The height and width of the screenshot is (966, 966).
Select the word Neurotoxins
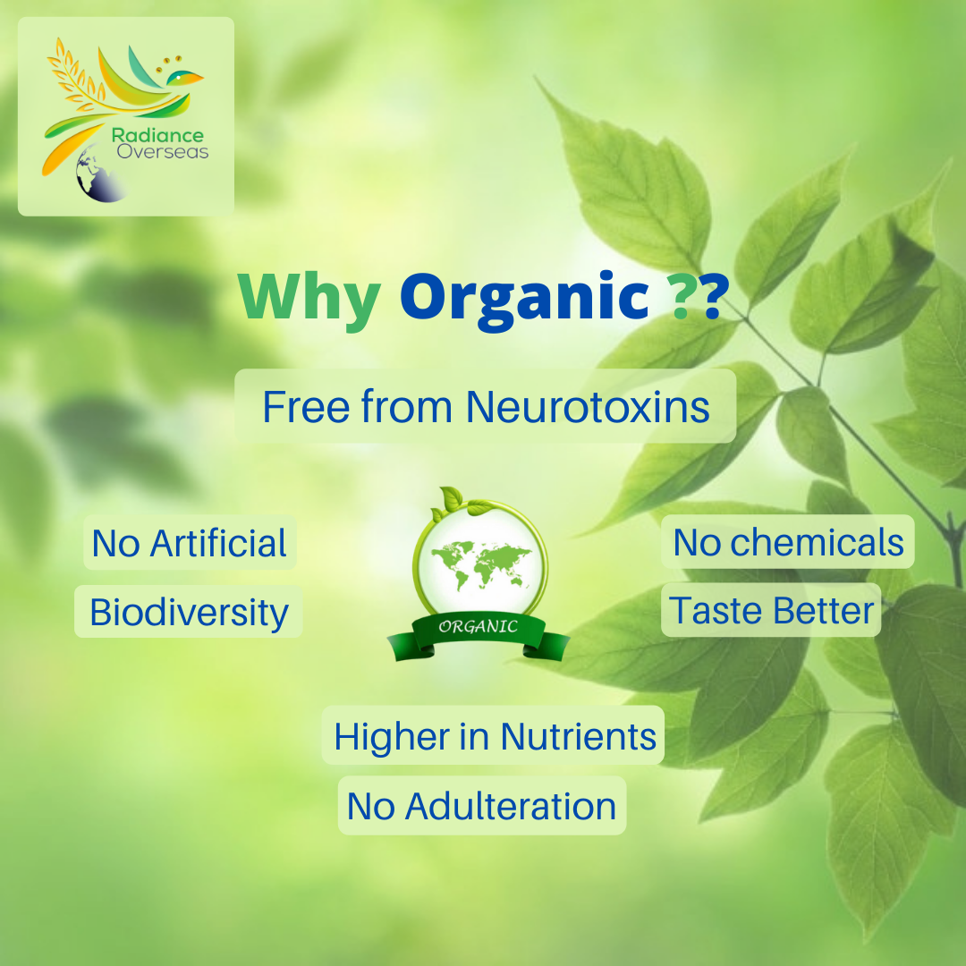coord(588,407)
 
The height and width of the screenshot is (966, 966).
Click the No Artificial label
coord(189,543)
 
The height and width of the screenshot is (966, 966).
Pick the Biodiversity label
coord(189,612)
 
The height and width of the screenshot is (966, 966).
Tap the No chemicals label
coord(788,542)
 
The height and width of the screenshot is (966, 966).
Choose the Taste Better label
coord(771,610)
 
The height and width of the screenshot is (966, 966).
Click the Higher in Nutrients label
coord(494,735)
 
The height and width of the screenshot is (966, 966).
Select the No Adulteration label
coord(482,806)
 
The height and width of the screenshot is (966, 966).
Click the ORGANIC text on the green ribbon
coord(478,626)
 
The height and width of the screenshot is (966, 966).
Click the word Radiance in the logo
coord(157,136)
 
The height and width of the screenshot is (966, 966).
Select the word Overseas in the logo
coord(163,151)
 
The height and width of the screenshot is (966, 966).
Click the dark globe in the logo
coord(97,174)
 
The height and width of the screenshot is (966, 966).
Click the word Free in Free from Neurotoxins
coord(306,407)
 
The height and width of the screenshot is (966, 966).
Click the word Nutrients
coord(579,736)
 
